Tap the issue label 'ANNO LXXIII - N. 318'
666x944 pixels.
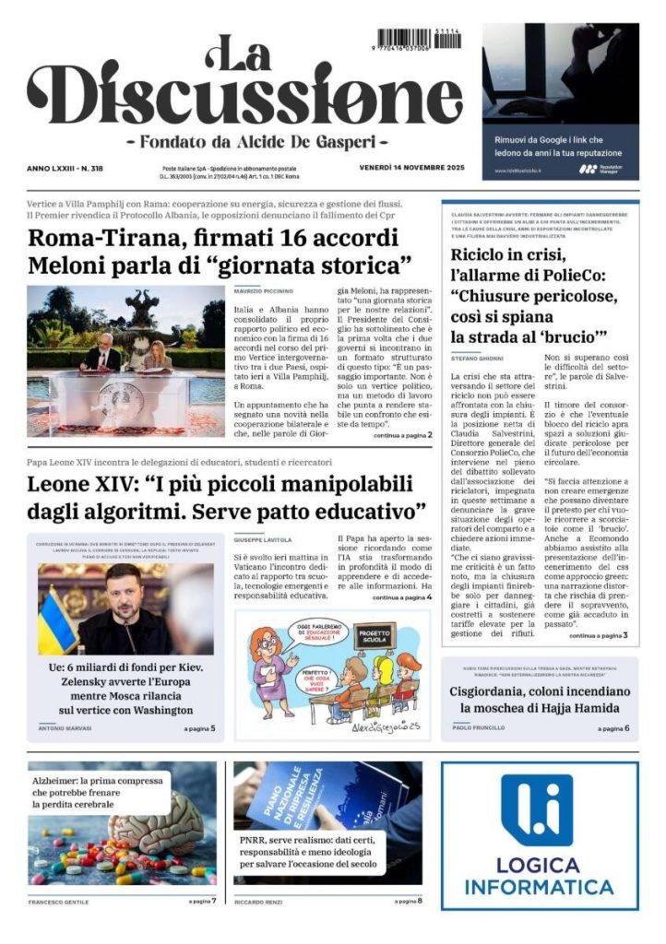pyautogui.click(x=65, y=169)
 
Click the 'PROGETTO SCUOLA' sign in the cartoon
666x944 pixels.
pyautogui.click(x=375, y=635)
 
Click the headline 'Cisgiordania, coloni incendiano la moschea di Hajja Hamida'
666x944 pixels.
pyautogui.click(x=540, y=700)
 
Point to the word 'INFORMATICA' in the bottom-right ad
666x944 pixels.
pyautogui.click(x=540, y=888)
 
